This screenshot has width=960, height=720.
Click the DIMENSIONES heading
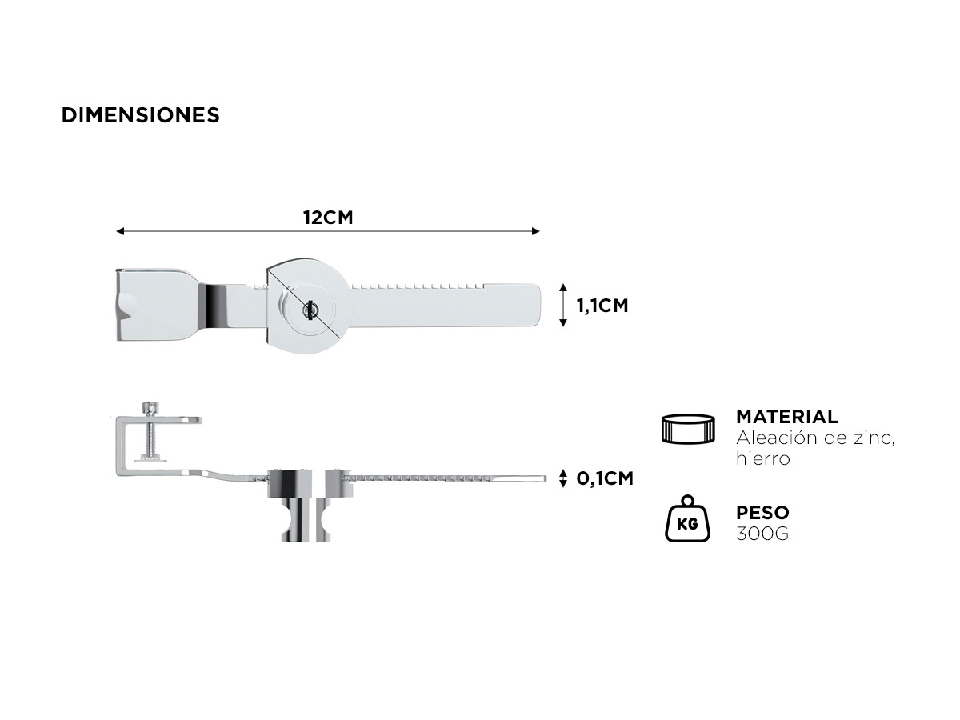pos(140,115)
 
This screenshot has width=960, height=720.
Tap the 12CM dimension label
pos(328,218)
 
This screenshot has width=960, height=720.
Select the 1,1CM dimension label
pos(602,306)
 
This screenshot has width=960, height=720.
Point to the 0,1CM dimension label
pos(605,478)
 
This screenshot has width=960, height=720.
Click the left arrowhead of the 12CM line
pos(120,231)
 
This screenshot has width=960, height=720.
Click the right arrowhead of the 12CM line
pos(536,231)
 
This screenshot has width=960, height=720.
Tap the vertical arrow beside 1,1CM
pos(563,305)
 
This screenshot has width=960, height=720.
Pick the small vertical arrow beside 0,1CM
pos(563,478)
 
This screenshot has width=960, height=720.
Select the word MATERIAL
pos(787,417)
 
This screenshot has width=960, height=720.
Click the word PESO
pos(762,512)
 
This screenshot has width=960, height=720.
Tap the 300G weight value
pos(762,534)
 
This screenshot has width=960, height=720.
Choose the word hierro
pos(762,458)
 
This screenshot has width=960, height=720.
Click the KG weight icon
pos(687,519)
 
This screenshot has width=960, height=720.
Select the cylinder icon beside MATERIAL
pos(689,429)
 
